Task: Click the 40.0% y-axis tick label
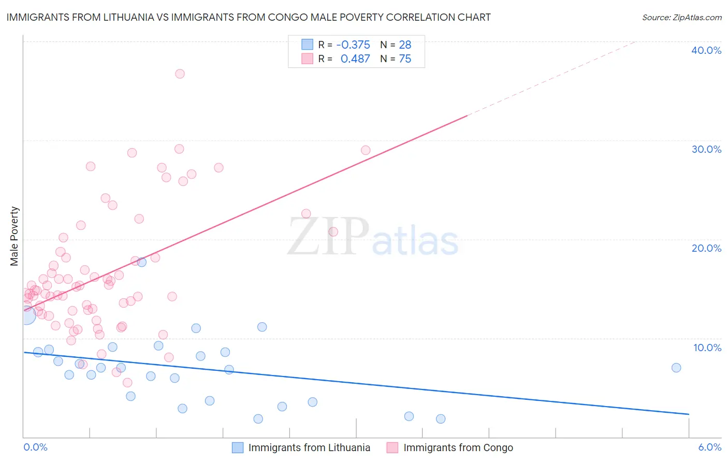tap(706, 50)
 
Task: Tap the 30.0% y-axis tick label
tap(706, 149)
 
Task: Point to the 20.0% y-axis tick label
tap(706, 248)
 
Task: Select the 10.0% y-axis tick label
tap(707, 348)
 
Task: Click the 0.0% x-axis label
tap(35, 447)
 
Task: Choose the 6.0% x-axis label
tap(709, 447)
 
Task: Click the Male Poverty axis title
tap(14, 236)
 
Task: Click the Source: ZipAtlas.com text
tap(681, 17)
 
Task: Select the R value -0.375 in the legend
tap(353, 45)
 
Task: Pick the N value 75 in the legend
tap(405, 59)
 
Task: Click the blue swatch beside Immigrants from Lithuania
tap(238, 447)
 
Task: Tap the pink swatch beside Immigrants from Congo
tap(392, 447)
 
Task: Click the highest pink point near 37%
tap(180, 74)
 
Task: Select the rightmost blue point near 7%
tap(676, 368)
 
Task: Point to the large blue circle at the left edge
tap(27, 314)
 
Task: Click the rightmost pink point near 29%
tap(366, 150)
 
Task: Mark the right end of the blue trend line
tap(689, 414)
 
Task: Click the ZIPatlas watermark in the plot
tap(373, 237)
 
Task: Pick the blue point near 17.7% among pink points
tap(141, 262)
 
